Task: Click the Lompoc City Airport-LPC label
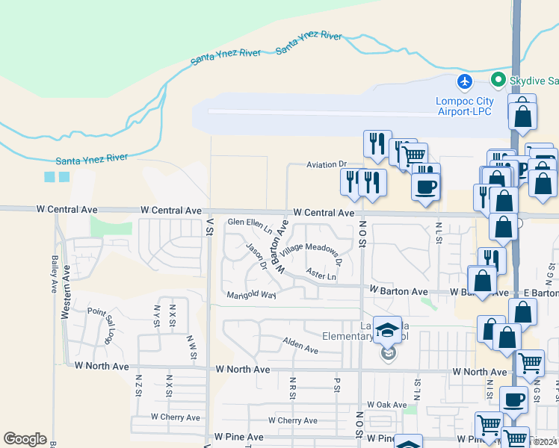(x=464, y=106)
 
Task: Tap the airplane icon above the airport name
(x=465, y=81)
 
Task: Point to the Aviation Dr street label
(x=327, y=164)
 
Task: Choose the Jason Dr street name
(x=256, y=254)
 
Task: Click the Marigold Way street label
(x=252, y=295)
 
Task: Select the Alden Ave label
(x=300, y=343)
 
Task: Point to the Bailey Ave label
(x=55, y=274)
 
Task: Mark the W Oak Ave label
(x=386, y=404)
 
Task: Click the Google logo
(x=25, y=439)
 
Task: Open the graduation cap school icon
(x=388, y=329)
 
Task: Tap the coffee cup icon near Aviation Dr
(x=426, y=187)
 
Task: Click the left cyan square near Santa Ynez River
(x=50, y=177)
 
